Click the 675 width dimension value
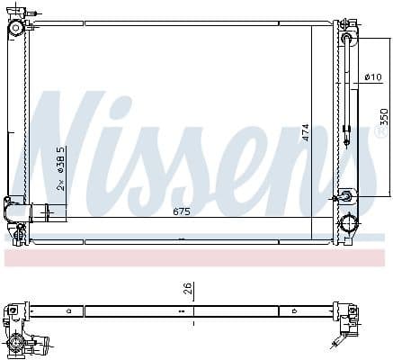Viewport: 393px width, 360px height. [183, 212]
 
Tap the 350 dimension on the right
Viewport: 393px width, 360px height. [383, 117]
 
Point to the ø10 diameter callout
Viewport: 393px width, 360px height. [373, 78]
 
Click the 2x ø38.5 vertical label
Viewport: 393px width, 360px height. [60, 168]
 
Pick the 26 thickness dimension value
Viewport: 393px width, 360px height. [187, 290]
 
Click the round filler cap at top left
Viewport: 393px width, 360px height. [15, 28]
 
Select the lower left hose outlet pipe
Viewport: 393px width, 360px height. [45, 213]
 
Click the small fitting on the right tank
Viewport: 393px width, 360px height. [346, 195]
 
